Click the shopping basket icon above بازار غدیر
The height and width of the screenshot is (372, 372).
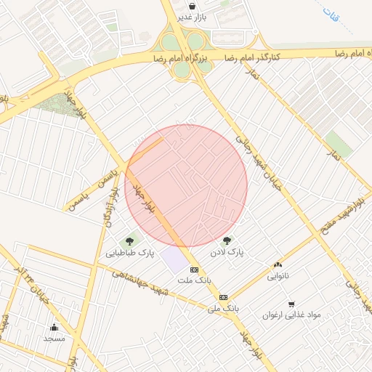coord(192,6)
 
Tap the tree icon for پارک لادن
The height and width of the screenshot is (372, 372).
coord(227,241)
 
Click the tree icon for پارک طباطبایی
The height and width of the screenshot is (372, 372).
coord(130,241)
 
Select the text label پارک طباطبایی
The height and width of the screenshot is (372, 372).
coord(130,254)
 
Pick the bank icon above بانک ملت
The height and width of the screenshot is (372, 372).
coord(193,269)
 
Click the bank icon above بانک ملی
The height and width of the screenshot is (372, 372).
coord(223,297)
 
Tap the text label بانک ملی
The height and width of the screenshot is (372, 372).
coord(223,309)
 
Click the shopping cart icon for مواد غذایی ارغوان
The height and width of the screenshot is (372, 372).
coord(291,304)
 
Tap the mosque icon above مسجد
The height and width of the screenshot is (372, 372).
coord(54,327)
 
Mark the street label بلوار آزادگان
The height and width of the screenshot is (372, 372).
coord(108,210)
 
